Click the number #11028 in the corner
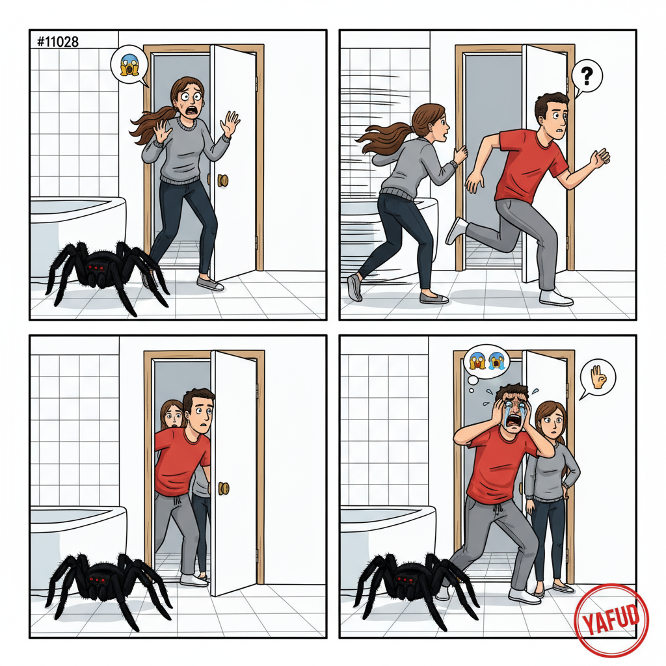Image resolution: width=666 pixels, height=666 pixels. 57,42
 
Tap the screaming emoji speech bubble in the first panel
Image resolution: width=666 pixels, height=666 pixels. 129,65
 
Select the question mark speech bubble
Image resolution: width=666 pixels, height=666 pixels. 587,77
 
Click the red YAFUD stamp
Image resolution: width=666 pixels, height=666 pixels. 611,620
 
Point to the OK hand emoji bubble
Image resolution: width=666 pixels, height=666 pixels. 598,378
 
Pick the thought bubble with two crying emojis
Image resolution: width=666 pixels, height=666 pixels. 487,364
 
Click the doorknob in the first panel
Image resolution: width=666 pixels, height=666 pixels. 222,180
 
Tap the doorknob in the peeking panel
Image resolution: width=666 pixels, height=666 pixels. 223,488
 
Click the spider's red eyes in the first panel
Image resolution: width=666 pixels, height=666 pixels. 95,267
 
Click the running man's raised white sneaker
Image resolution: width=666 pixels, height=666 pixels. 456,231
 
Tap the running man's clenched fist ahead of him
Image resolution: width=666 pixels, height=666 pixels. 600,158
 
